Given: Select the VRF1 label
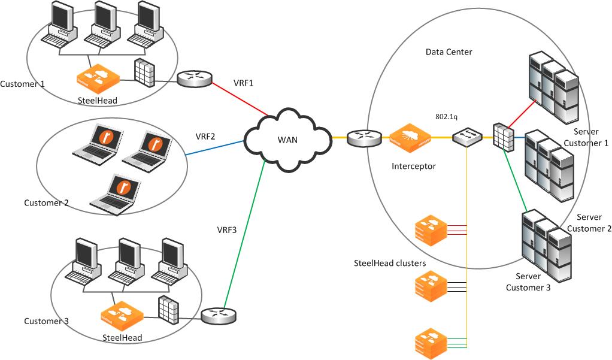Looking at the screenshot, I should click(243, 83).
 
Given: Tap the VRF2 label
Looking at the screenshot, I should click(206, 136).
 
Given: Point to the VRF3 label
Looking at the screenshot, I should click(227, 229).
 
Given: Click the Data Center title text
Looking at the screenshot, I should click(449, 52).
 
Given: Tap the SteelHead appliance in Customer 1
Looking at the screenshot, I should click(98, 78).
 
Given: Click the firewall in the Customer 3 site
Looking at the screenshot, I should click(168, 310).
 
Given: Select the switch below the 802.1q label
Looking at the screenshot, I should click(466, 137).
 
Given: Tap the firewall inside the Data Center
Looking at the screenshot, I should click(502, 137).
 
